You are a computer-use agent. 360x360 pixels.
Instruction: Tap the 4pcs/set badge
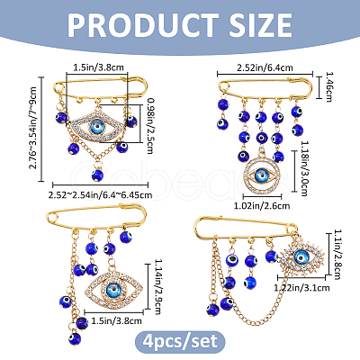coord(180,342)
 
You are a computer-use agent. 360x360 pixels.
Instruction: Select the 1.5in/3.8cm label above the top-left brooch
coord(99,67)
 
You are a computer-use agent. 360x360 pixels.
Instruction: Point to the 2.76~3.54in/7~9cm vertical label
coord(32,128)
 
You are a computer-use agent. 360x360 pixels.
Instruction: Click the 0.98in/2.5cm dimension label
coord(150,126)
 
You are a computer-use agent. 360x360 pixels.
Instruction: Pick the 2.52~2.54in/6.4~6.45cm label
coord(100,195)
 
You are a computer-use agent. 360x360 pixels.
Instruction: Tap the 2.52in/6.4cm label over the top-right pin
coord(265,67)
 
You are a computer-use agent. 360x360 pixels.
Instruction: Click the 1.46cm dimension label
coord(329,87)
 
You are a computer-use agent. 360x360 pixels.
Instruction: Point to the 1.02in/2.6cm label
coord(262,206)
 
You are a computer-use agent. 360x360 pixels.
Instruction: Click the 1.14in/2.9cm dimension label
coord(157,287)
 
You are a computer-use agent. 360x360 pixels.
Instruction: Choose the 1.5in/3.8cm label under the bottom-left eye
coord(116,321)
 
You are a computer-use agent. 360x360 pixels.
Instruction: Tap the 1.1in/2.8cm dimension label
coord(337,254)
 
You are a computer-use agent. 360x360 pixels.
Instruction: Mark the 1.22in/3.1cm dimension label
coord(301,288)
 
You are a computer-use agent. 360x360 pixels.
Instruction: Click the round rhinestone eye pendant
coord(262,175)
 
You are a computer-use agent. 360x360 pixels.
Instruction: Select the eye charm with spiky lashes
coord(301,258)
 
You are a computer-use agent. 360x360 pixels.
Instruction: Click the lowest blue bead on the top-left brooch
coord(97,175)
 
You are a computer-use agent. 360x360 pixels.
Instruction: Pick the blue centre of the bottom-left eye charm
coord(114,290)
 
